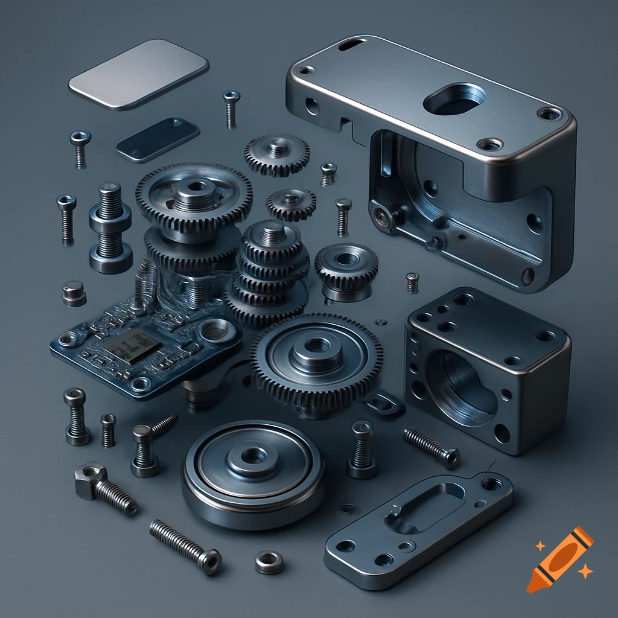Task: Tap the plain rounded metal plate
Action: tap(138, 74)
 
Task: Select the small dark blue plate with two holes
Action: tap(158, 139)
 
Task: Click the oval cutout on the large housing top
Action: tap(454, 100)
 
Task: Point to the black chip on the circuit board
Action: tap(133, 345)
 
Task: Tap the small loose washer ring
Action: tap(269, 562)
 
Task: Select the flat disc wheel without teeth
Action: tap(253, 474)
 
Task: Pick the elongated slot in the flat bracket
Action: tap(425, 507)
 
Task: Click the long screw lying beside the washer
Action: tap(185, 546)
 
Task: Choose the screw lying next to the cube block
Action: tap(431, 446)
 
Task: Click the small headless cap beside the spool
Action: tap(74, 292)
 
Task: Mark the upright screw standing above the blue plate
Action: tap(231, 108)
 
